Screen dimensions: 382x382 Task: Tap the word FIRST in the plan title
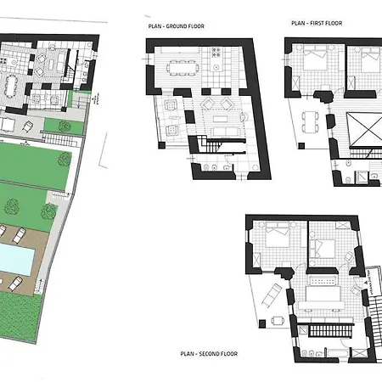pyautogui.click(x=317, y=23)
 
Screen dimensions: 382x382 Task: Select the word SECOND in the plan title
pyautogui.click(x=208, y=354)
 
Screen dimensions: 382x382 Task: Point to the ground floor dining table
pyautogui.click(x=183, y=68)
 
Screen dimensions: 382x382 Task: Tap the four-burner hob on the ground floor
pyautogui.click(x=216, y=53)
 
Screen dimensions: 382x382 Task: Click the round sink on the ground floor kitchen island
pyautogui.click(x=216, y=67)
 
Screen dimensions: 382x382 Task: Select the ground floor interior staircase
pyautogui.click(x=211, y=144)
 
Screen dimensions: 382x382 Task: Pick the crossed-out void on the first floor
pyautogui.click(x=364, y=129)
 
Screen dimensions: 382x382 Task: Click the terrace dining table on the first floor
pyautogui.click(x=311, y=122)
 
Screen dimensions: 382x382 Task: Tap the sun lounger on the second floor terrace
pyautogui.click(x=272, y=295)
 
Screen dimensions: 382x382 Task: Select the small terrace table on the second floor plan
pyautogui.click(x=278, y=321)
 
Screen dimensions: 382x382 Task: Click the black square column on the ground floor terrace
pyautogui.click(x=161, y=145)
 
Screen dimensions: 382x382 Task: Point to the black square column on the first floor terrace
pyautogui.click(x=301, y=146)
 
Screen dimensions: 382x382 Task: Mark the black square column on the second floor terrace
pyautogui.click(x=262, y=323)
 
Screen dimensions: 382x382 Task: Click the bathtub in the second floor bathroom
pyautogui.click(x=338, y=353)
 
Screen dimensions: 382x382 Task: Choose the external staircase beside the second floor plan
pyautogui.click(x=375, y=321)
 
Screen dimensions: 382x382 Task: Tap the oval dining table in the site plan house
pyautogui.click(x=11, y=87)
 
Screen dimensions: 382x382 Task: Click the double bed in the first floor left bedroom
pyautogui.click(x=315, y=60)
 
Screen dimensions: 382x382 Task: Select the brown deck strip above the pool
pyautogui.click(x=24, y=234)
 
